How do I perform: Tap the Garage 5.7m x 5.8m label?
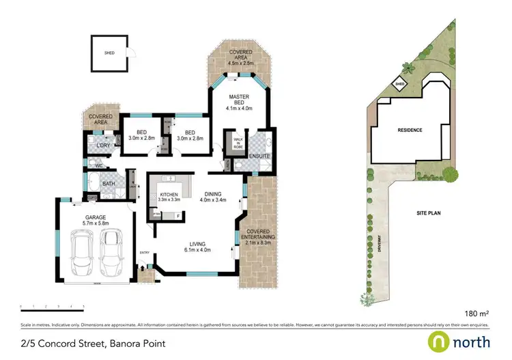point(94,219)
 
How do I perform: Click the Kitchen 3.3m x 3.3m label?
point(168,197)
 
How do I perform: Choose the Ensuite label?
point(259,156)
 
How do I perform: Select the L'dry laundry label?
point(103,145)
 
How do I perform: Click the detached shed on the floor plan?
point(111,53)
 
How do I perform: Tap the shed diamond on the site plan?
point(399,84)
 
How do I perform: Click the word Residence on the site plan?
point(410,130)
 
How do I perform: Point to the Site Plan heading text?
point(428,213)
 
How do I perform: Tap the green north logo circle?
point(438,341)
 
